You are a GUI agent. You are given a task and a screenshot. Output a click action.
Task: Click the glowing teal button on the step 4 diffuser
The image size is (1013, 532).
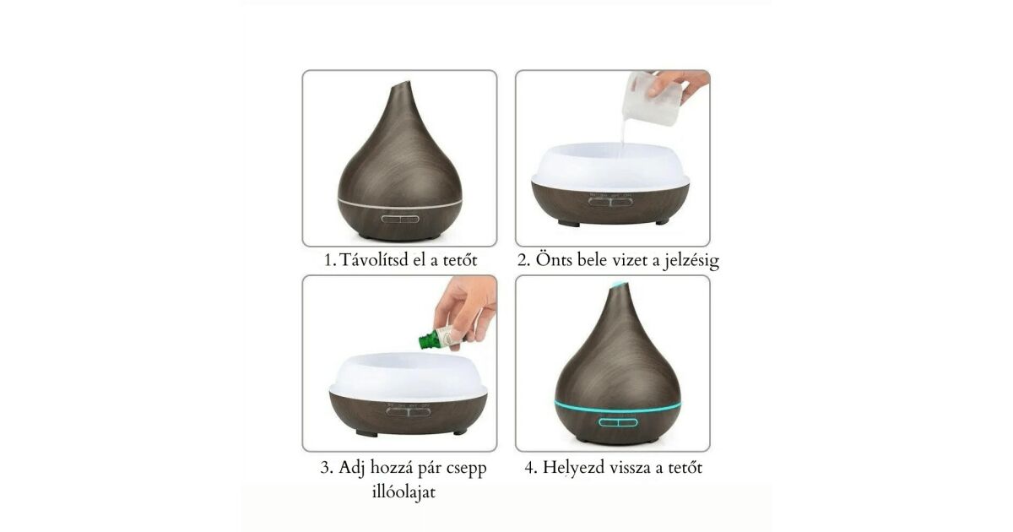[x=618, y=422]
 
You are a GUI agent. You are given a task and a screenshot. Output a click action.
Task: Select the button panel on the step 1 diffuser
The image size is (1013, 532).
[x=400, y=219]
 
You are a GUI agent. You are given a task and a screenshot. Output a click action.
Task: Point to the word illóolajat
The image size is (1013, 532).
[x=404, y=491]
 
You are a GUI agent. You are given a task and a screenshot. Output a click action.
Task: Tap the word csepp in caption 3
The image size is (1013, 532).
[x=466, y=469]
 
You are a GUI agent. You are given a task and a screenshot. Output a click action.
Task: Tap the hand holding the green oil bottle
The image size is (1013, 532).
[x=467, y=312]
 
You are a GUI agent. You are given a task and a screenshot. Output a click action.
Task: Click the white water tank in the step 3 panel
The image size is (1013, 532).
[x=409, y=377]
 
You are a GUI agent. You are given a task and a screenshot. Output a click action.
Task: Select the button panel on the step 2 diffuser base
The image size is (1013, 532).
[x=610, y=200]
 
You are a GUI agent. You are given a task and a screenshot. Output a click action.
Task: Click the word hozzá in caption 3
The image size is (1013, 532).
[x=391, y=468]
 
